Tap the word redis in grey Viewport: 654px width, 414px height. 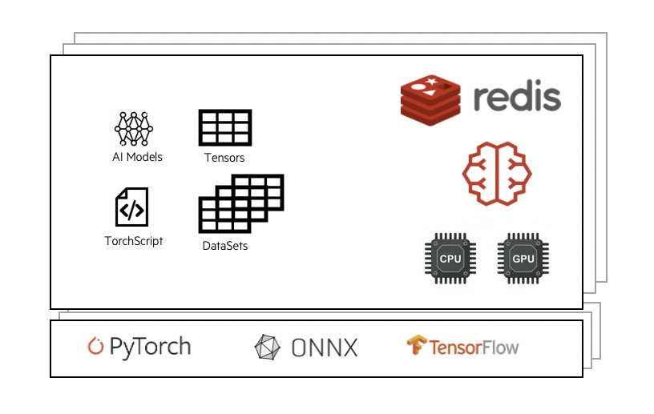pyautogui.click(x=516, y=98)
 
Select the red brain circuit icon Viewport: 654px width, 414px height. pyautogui.click(x=497, y=173)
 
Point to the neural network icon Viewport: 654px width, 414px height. pyautogui.click(x=134, y=128)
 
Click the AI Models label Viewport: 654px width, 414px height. pyautogui.click(x=137, y=157)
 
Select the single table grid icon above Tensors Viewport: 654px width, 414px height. pyautogui.click(x=225, y=128)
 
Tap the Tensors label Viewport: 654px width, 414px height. pyautogui.click(x=224, y=158)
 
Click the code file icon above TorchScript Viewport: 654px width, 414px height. pyautogui.click(x=132, y=207)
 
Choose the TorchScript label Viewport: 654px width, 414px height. pyautogui.click(x=134, y=240)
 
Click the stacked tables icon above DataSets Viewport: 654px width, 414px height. pyautogui.click(x=240, y=203)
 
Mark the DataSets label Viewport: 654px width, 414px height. pyautogui.click(x=225, y=246)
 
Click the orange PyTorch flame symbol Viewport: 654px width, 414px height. pyautogui.click(x=96, y=347)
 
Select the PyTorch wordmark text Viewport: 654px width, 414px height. pyautogui.click(x=150, y=347)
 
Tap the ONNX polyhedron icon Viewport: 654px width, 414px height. pyautogui.click(x=268, y=348)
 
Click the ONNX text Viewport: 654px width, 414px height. pyautogui.click(x=325, y=348)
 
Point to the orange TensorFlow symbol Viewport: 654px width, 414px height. pyautogui.click(x=416, y=347)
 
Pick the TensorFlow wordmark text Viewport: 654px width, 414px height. pyautogui.click(x=474, y=348)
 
